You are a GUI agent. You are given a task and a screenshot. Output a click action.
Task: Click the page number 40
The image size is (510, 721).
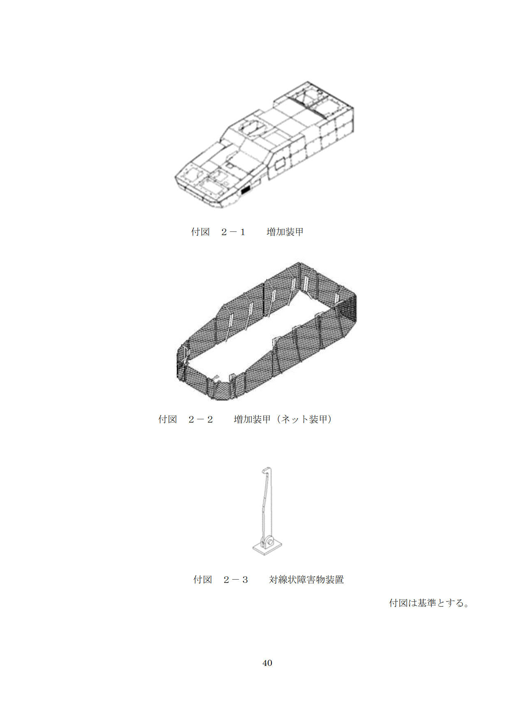pyautogui.click(x=267, y=663)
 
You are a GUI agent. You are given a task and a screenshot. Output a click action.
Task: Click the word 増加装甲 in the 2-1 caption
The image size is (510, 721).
pyautogui.click(x=285, y=232)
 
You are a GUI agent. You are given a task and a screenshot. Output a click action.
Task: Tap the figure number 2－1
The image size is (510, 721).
pyautogui.click(x=233, y=232)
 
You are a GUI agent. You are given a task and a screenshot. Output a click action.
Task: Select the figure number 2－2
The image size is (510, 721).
pyautogui.click(x=201, y=419)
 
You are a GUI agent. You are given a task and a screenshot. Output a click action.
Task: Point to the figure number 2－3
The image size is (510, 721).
pyautogui.click(x=236, y=580)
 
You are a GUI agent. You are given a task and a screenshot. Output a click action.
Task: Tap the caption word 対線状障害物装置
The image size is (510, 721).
pyautogui.click(x=306, y=580)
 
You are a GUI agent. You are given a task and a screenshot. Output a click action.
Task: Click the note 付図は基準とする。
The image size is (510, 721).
pyautogui.click(x=429, y=603)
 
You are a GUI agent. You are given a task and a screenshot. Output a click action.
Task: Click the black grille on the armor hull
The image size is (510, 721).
pyautogui.click(x=246, y=190)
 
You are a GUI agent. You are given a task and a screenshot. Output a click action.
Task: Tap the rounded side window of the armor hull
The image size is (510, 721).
pyautogui.click(x=280, y=164)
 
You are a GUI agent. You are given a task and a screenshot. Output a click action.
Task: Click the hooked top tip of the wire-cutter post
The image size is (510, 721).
pyautogui.click(x=265, y=469)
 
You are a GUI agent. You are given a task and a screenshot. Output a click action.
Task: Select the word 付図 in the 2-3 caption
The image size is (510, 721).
pyautogui.click(x=203, y=580)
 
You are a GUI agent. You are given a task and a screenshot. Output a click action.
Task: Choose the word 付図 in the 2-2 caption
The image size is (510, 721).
pyautogui.click(x=168, y=419)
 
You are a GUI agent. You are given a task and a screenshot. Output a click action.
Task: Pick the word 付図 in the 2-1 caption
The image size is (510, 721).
pyautogui.click(x=200, y=232)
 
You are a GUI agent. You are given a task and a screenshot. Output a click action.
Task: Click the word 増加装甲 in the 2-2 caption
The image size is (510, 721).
pyautogui.click(x=253, y=419)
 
